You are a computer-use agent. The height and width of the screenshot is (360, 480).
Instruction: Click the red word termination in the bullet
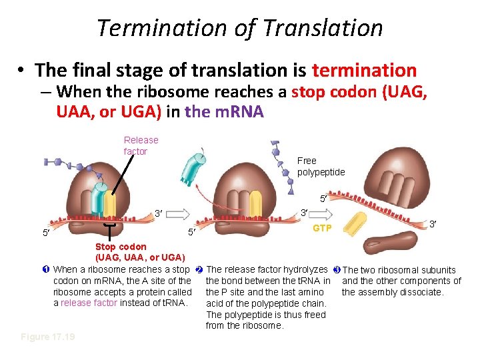(364, 70)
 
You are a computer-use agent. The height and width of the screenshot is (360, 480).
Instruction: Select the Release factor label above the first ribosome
(141, 145)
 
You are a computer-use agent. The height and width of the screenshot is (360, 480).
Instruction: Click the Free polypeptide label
(321, 166)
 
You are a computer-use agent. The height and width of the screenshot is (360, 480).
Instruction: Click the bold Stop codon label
(121, 247)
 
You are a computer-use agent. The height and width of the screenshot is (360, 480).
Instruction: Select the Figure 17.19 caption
(48, 337)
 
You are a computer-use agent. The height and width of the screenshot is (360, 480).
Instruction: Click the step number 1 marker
(45, 269)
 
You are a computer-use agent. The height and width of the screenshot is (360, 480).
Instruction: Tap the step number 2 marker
(199, 269)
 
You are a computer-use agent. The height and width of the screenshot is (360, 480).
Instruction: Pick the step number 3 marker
(336, 269)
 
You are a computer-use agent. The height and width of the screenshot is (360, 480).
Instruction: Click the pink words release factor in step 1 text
(89, 303)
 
